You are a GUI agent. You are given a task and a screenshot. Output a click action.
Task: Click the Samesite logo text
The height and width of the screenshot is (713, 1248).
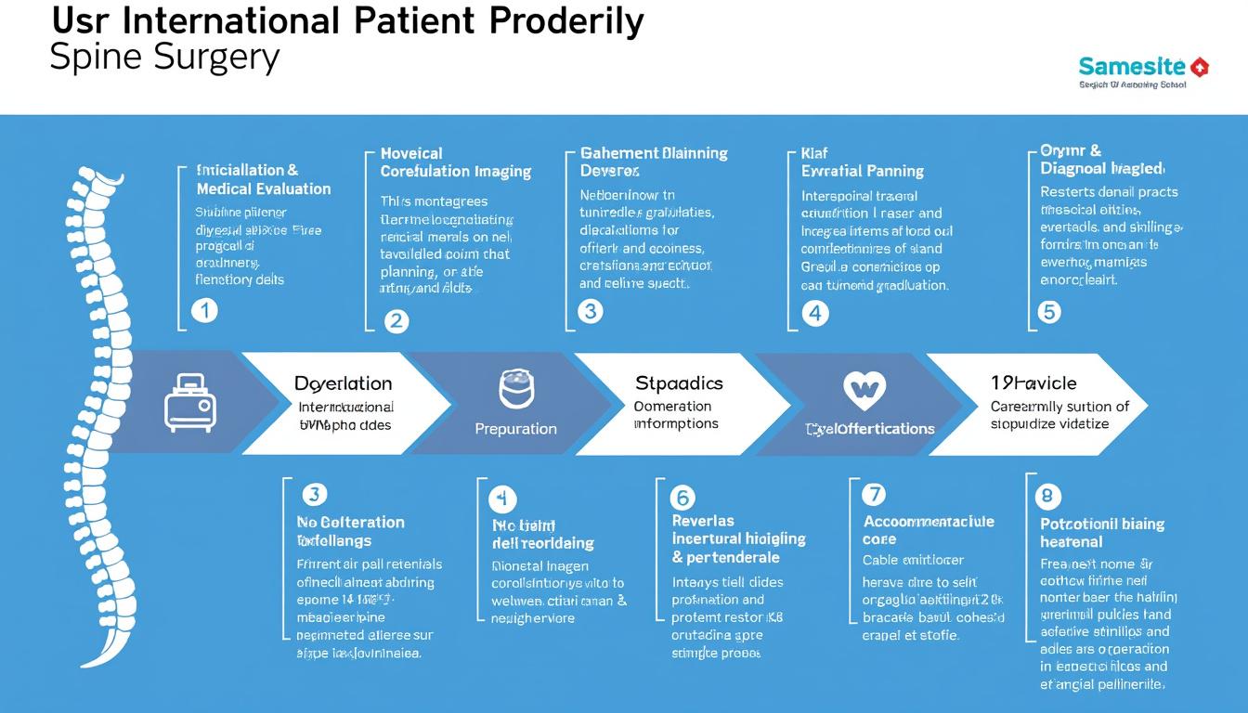pos(1132,67)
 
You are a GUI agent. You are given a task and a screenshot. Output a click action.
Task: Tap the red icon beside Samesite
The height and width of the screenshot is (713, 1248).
pos(1199,67)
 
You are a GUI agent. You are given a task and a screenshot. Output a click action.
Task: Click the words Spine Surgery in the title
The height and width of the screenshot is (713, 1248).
pos(163,58)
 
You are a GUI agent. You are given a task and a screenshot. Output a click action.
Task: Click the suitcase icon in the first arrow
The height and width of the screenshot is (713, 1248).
pos(189,401)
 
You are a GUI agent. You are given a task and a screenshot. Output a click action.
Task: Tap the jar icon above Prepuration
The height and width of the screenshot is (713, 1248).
pos(516,388)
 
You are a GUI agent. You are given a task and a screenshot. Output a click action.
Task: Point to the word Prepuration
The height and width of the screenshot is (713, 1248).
pos(515,429)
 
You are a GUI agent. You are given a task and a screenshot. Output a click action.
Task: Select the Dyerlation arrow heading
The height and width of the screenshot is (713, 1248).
pos(343,383)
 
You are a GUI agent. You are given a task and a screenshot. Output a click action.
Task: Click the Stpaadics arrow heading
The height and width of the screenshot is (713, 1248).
pos(679,383)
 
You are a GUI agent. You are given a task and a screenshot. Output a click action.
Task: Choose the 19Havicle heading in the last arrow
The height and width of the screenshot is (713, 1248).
pos(1033,382)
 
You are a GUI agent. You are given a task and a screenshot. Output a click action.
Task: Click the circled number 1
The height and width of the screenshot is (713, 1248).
pos(204,311)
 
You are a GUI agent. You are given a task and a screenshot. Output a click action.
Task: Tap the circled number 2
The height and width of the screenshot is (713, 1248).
pos(396,321)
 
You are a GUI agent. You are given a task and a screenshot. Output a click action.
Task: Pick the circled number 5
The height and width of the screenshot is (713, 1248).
pos(1048,312)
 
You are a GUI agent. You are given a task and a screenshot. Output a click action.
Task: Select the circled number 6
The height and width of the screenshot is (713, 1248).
pos(682,499)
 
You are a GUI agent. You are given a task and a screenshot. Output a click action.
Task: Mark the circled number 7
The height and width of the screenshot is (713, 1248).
pos(874,494)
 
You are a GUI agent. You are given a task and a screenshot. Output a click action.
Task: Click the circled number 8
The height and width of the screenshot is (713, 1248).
pos(1047,495)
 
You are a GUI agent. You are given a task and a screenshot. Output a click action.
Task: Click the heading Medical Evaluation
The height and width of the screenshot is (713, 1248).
pos(264,189)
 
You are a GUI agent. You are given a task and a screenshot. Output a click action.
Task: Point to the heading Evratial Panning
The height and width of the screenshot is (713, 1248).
pos(862,171)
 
